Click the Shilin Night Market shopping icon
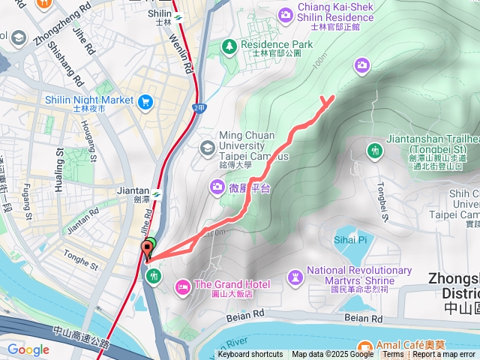click(x=145, y=100)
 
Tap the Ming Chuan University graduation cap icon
click(x=205, y=148)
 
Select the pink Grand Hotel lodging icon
click(x=182, y=286)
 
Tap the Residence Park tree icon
click(x=229, y=46)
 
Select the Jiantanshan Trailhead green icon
click(x=375, y=152)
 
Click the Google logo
click(x=28, y=349)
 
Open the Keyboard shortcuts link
click(x=250, y=355)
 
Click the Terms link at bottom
click(x=393, y=355)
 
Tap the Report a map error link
click(x=445, y=355)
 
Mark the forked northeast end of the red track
click(x=328, y=99)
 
